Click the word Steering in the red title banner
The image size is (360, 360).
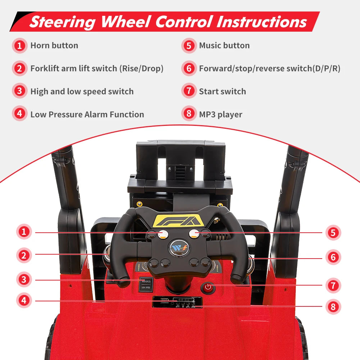pyautogui.click(x=63, y=22)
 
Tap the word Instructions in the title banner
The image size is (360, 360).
pyautogui.click(x=262, y=22)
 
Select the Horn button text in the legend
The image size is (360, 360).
pyautogui.click(x=54, y=45)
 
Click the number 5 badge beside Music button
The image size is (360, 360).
pyautogui.click(x=189, y=45)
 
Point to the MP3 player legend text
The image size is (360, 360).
pyautogui.click(x=220, y=114)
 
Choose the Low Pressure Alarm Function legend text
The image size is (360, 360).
pyautogui.click(x=87, y=114)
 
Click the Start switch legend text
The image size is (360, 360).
pyautogui.click(x=223, y=91)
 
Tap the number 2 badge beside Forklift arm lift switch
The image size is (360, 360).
pyautogui.click(x=19, y=68)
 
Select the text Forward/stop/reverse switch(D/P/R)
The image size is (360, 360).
pyautogui.click(x=269, y=68)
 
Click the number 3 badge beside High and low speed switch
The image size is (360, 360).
pyautogui.click(x=19, y=91)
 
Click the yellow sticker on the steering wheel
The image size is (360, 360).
pyautogui.click(x=178, y=220)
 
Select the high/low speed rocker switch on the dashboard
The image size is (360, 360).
pyautogui.click(x=146, y=284)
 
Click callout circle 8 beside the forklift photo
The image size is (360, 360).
pyautogui.click(x=333, y=306)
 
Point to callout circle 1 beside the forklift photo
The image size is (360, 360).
pyautogui.click(x=24, y=232)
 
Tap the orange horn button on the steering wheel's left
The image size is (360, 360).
pyautogui.click(x=163, y=234)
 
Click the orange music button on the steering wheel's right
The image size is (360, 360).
pyautogui.click(x=194, y=234)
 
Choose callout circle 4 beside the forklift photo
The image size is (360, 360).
pyautogui.click(x=24, y=300)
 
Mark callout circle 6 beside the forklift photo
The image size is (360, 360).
pyautogui.click(x=333, y=257)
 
